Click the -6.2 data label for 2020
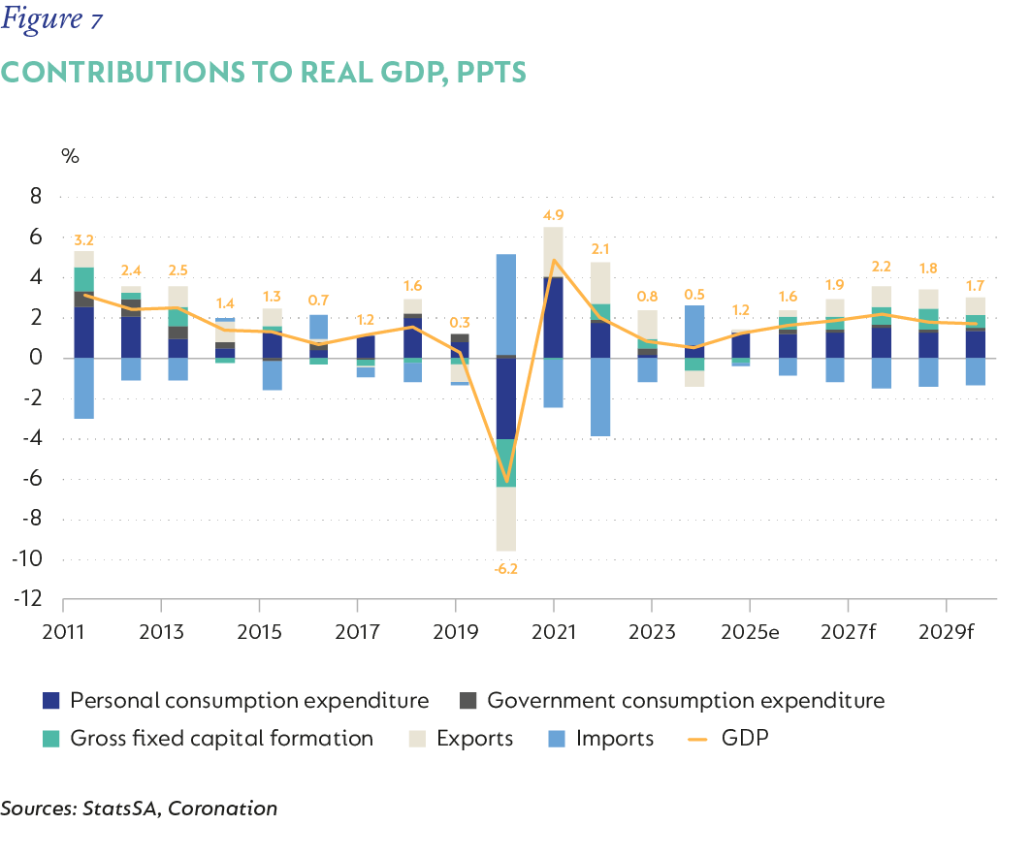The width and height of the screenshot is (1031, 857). coord(504,569)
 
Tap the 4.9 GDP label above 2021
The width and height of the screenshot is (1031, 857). coord(554,215)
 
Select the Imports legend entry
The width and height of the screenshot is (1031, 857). coord(614,739)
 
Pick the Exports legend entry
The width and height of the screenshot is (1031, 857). coord(474,739)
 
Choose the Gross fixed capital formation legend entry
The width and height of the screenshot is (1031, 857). coord(221,739)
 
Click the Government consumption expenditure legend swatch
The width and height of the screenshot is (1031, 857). coord(467,700)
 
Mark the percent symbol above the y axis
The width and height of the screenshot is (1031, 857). coord(70,155)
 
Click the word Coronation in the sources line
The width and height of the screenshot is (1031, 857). coord(223,808)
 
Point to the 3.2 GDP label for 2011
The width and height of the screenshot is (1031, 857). coord(83,239)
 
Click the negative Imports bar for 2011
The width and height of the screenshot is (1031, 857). coord(83,388)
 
